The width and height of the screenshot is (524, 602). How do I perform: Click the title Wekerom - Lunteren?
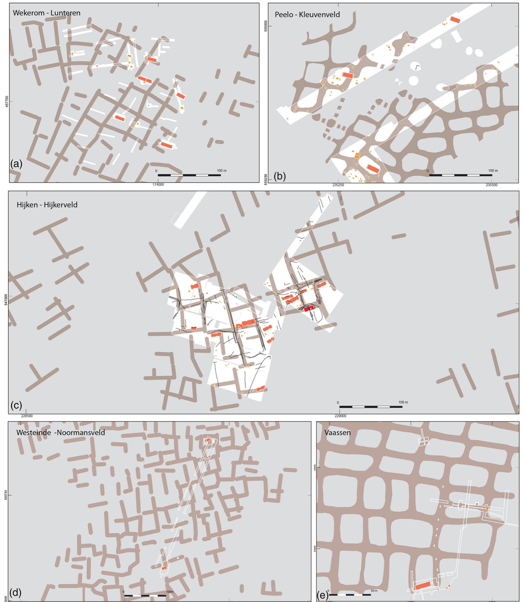tap(46, 13)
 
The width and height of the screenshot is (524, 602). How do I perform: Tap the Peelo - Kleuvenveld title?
tap(307, 15)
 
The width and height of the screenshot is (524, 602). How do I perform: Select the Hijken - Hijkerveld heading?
tap(47, 205)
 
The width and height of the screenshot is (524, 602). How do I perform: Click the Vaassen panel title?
tap(337, 432)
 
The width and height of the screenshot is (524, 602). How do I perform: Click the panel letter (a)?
tap(16, 164)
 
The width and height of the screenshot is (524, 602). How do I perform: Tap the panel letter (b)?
tap(279, 176)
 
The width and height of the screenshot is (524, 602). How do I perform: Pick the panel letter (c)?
tap(16, 405)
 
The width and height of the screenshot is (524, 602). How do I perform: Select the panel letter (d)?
tap(16, 592)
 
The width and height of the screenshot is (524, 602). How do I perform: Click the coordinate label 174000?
tap(158, 184)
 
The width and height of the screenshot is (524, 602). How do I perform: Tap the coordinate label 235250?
tap(338, 185)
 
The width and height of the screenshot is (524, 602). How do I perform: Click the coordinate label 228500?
tap(26, 416)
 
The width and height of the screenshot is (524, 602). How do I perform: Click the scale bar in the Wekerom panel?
tap(189, 175)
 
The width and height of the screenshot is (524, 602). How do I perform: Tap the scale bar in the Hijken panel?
tap(371, 407)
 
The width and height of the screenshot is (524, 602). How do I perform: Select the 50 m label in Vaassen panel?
tap(374, 590)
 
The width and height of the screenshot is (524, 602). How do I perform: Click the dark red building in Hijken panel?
tap(309, 309)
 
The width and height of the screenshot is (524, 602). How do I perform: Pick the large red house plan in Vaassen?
tap(423, 585)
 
